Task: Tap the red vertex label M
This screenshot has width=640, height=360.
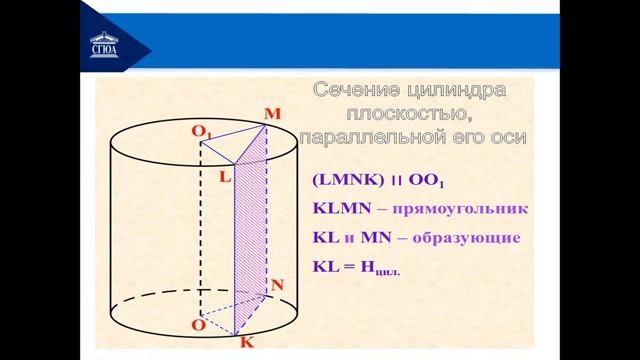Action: point(271,115)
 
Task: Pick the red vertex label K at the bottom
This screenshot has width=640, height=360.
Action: point(245,342)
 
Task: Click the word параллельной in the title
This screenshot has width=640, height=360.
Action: point(376,137)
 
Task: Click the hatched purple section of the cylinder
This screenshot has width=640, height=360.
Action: point(251,230)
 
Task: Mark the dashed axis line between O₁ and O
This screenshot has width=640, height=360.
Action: point(201,230)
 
